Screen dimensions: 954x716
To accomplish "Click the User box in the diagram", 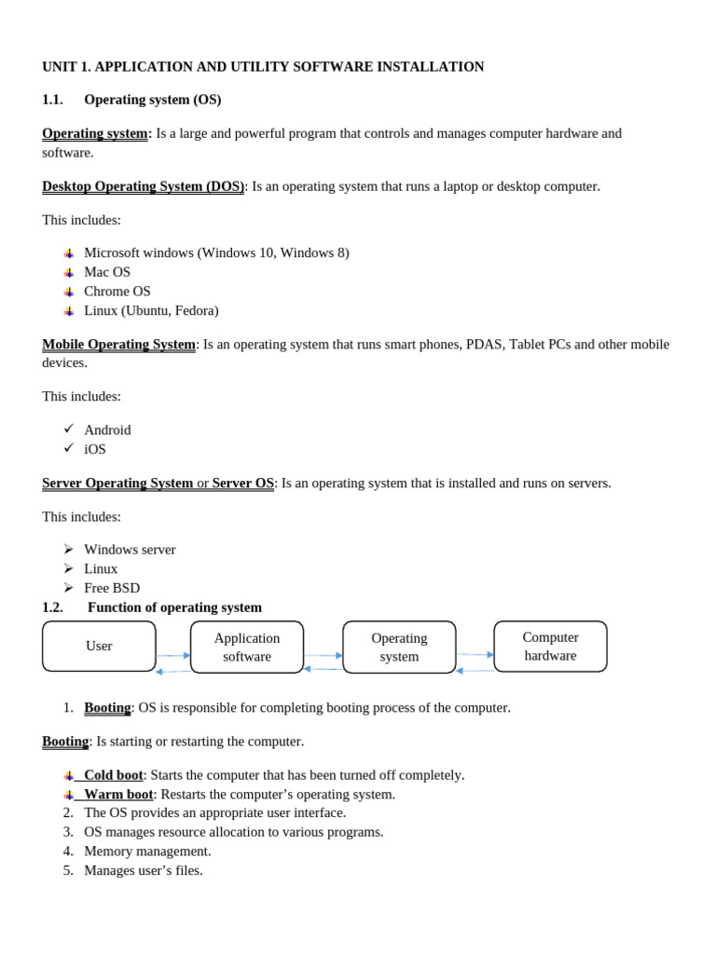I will pos(99,646).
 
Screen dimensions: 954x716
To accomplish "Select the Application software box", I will pos(247,647).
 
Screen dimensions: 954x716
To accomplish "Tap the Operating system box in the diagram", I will pos(399,647).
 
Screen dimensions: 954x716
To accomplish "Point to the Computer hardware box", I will pos(550,646).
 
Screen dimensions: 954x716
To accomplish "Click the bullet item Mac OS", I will pos(107,272).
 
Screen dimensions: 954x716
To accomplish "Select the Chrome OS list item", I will pos(117,292).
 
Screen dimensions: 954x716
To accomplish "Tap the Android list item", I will pos(107,429).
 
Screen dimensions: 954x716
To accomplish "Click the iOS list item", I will pos(95,449).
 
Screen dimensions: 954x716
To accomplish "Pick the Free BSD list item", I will pos(112,588).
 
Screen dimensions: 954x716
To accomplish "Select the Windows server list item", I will pos(130,550).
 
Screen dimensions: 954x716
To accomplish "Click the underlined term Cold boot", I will pos(113,775).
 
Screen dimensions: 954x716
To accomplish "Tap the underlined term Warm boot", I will pos(118,795).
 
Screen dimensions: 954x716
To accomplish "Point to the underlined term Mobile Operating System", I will pos(118,345).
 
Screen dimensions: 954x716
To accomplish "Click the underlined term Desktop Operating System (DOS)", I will pos(143,186).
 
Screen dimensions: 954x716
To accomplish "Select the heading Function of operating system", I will pos(174,607).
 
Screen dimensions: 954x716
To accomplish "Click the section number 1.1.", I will pos(52,100).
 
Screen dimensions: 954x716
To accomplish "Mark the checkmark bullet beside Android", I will pos(69,429).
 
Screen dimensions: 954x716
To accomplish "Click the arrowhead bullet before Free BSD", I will pos(69,588).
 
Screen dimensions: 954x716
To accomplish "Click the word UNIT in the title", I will pos(60,67).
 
